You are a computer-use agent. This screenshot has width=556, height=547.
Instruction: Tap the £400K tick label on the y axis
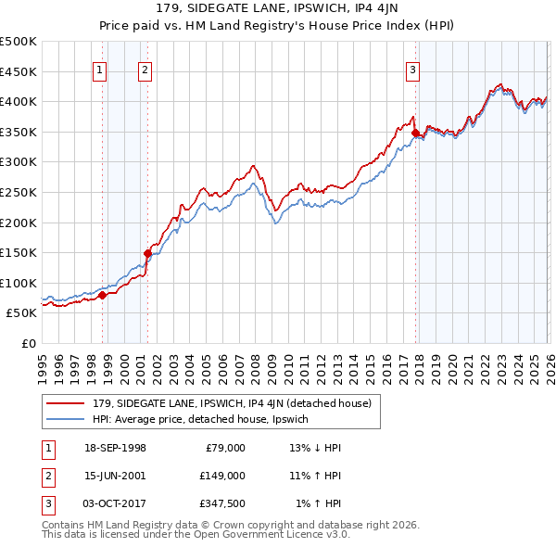click(19, 101)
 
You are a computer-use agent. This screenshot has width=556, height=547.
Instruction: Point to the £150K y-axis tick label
click(19, 252)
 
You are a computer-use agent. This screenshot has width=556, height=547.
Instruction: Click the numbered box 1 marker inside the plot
click(99, 69)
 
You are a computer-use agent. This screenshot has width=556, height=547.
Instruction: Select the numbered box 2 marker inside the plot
click(145, 69)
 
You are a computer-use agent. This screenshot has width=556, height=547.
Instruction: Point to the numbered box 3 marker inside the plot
click(412, 69)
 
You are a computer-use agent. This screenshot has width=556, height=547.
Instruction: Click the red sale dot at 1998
click(103, 295)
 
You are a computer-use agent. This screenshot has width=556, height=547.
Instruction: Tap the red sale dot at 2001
click(147, 252)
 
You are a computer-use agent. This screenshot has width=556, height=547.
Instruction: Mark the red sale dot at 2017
click(415, 133)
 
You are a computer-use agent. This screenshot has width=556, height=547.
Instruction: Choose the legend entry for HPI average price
click(206, 420)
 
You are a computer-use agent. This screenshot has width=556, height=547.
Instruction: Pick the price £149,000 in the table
click(222, 476)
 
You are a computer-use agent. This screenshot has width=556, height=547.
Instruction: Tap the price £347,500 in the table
click(222, 503)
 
